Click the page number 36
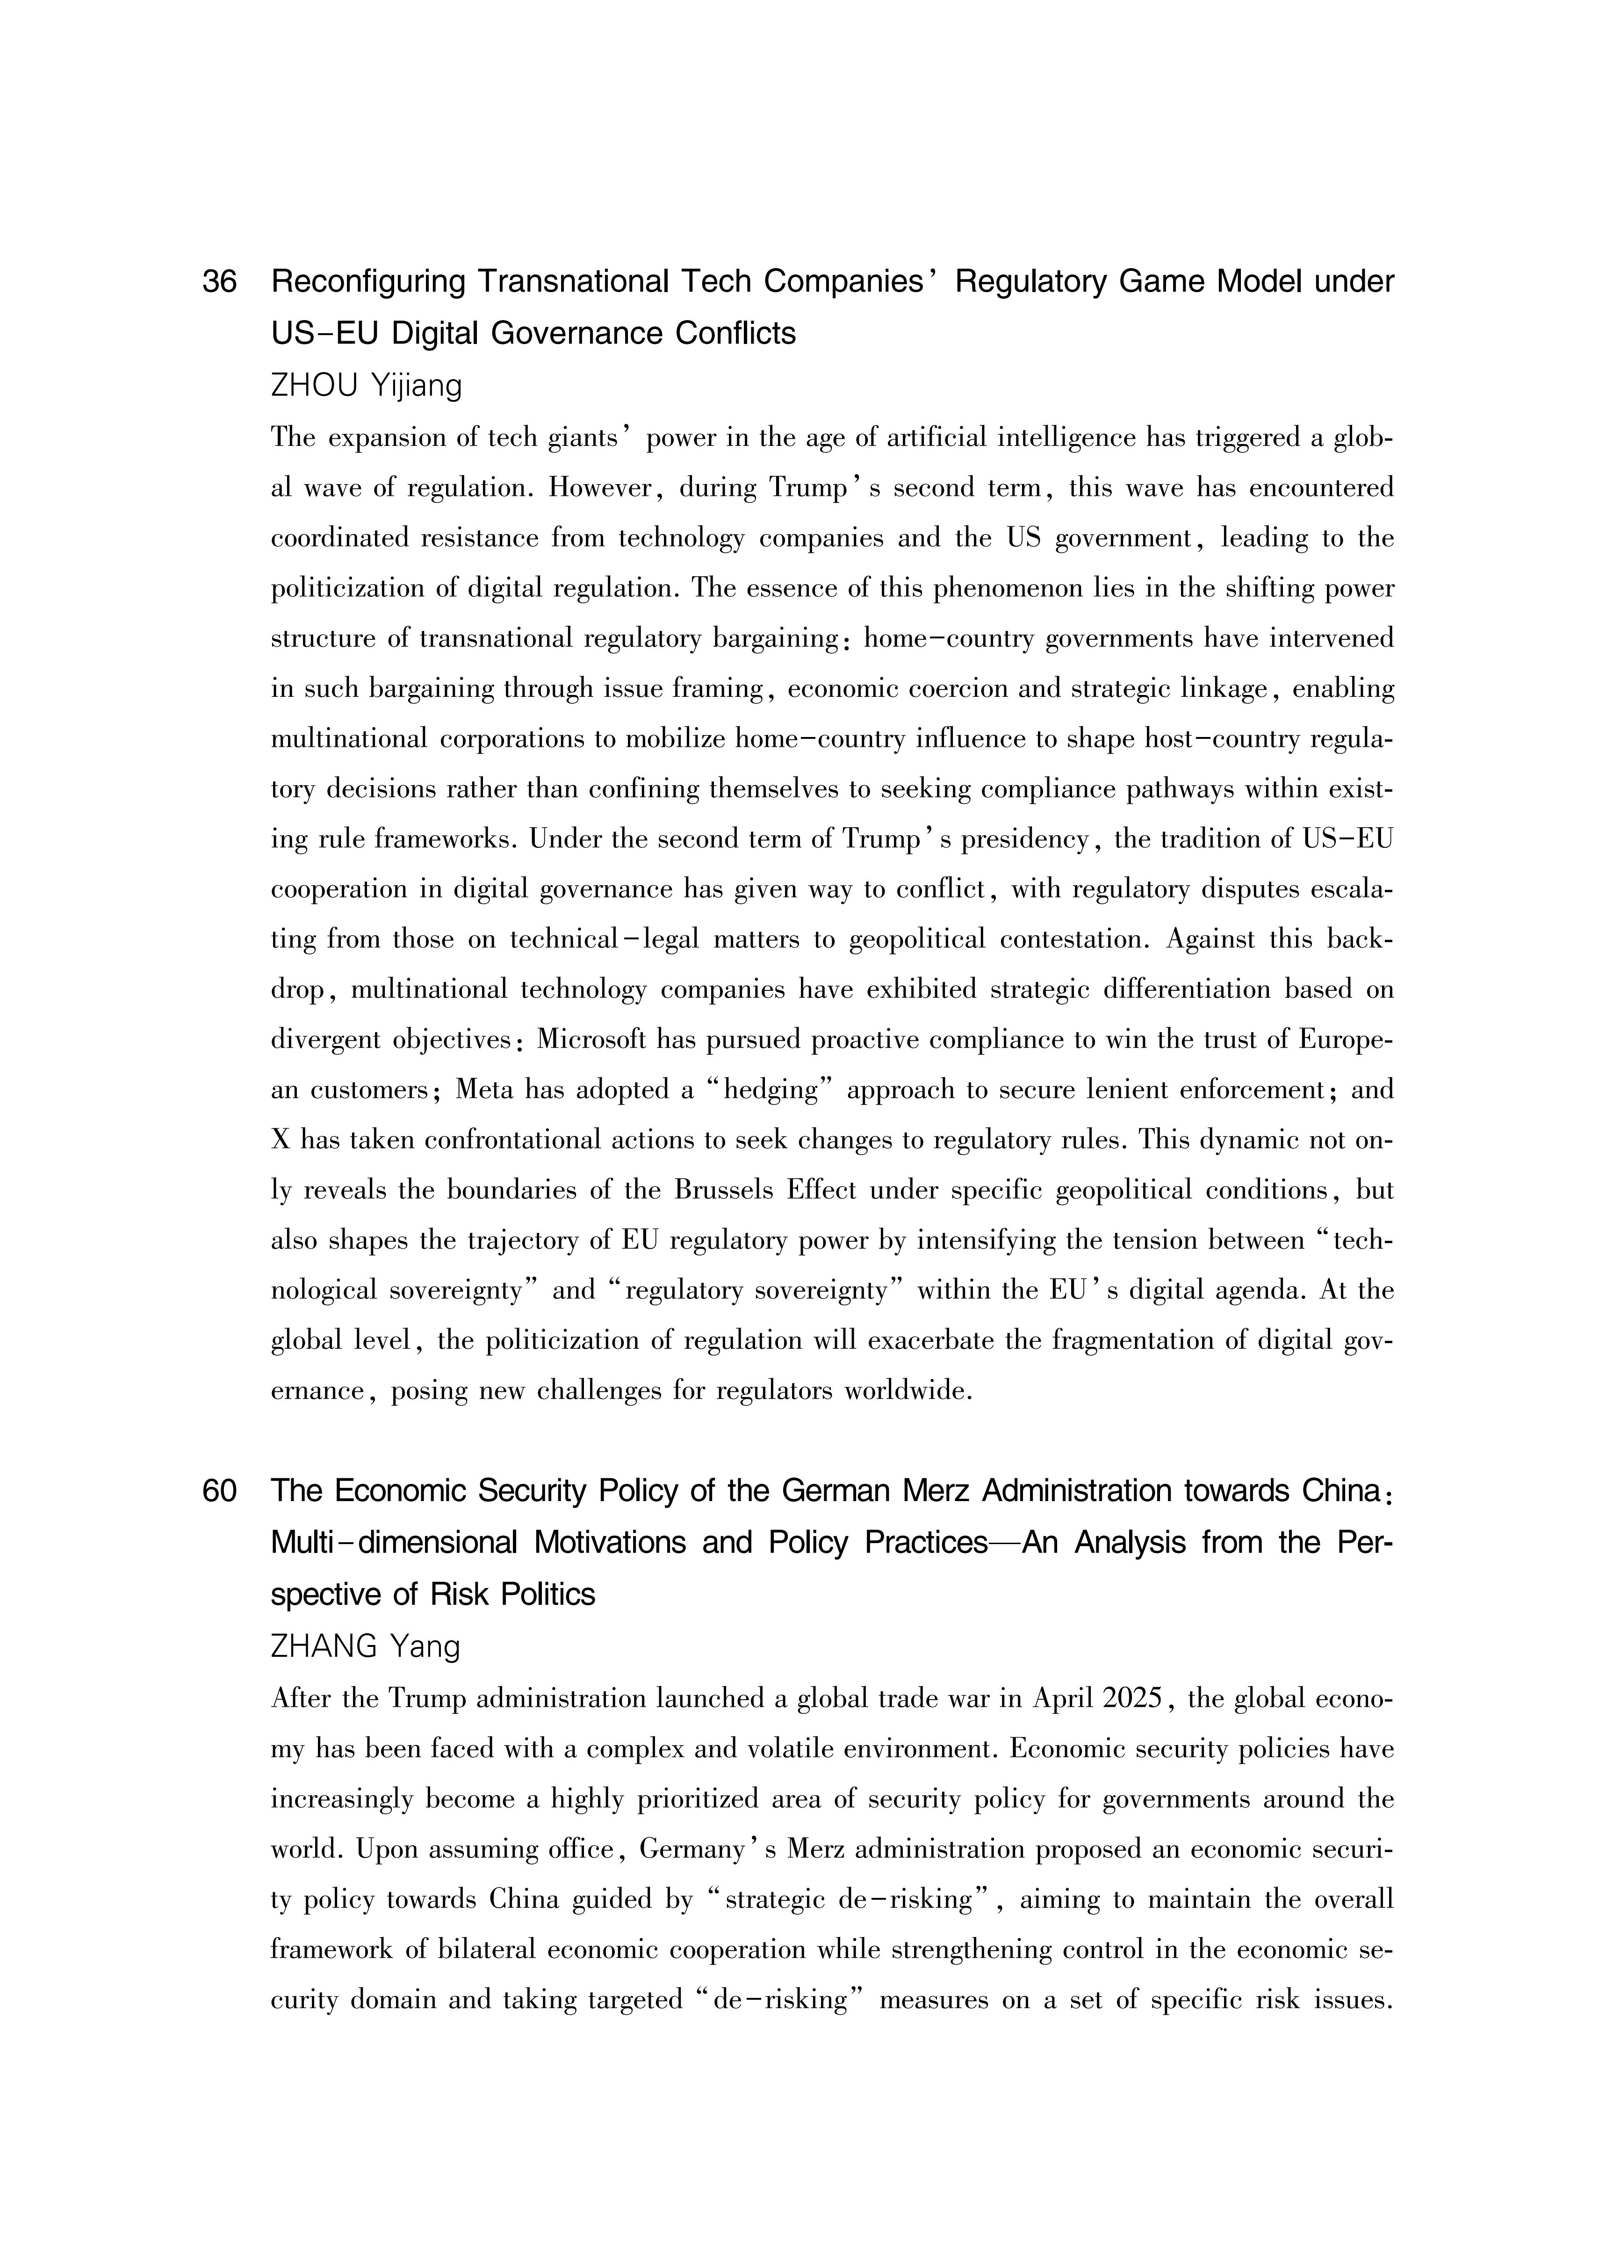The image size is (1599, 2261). click(220, 283)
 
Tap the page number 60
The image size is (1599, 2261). click(220, 1491)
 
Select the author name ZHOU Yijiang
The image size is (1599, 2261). click(366, 385)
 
